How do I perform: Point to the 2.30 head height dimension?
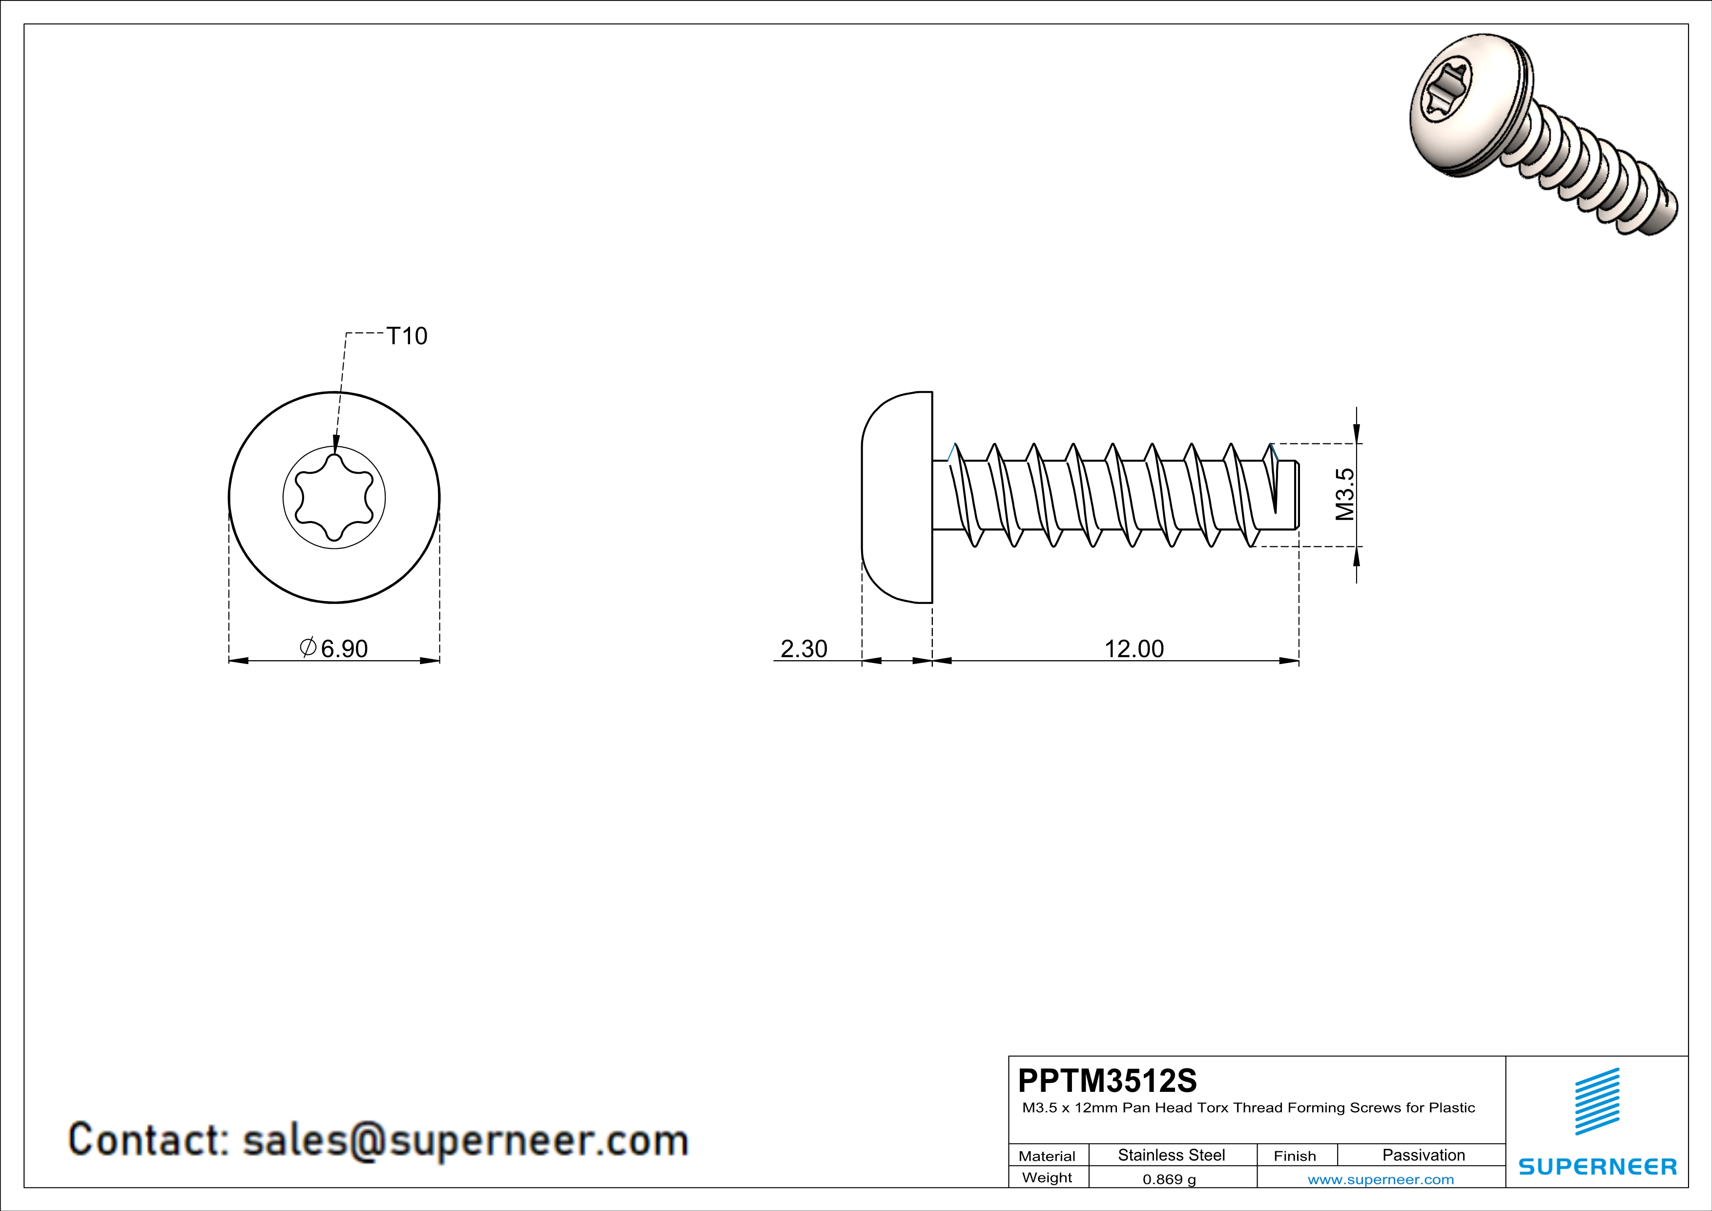tap(804, 649)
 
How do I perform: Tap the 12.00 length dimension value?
tap(1134, 649)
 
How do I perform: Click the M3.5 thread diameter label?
tap(1344, 494)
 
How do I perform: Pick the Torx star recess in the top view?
tap(334, 498)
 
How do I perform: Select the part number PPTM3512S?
tap(1107, 1081)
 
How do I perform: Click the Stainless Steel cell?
tap(1172, 1155)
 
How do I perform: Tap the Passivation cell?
tap(1423, 1155)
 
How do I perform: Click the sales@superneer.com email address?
tap(465, 1141)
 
